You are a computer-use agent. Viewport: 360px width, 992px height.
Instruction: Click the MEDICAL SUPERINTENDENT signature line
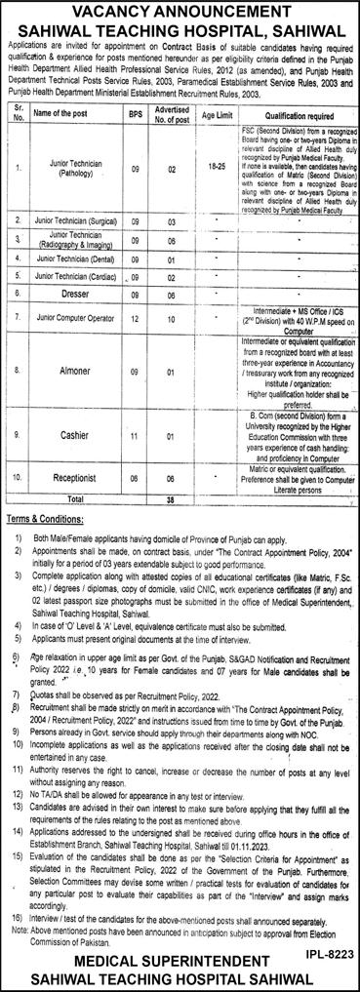pos(180,961)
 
